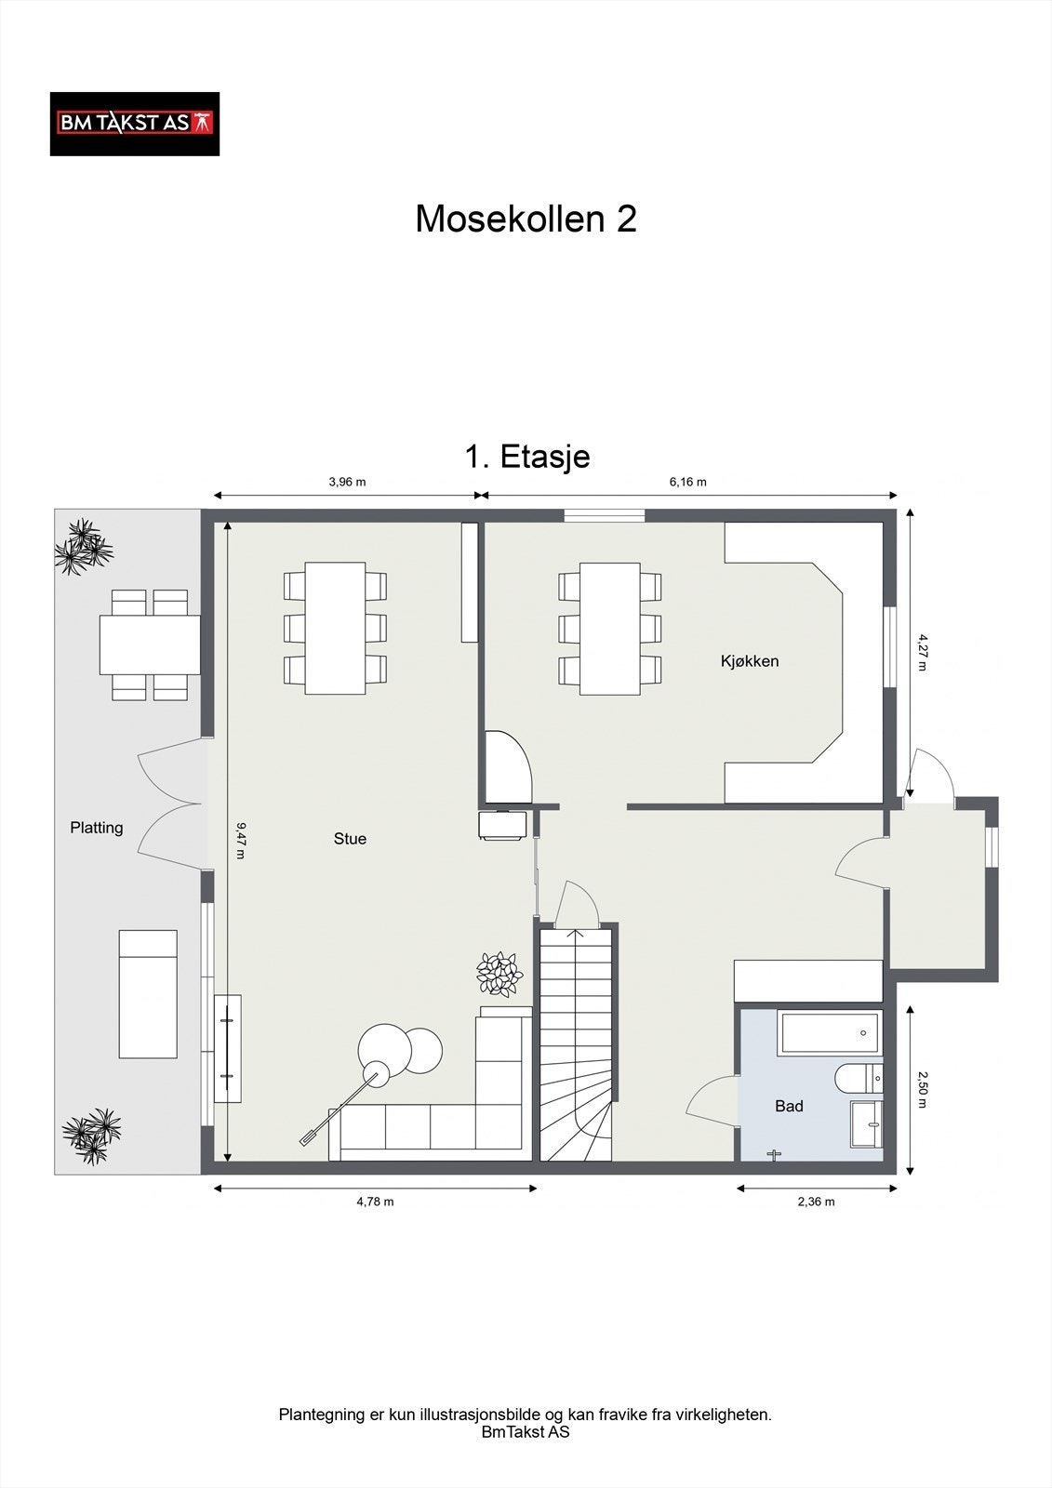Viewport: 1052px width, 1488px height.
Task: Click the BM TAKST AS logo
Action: (135, 125)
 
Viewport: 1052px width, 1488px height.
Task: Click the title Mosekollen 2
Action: (526, 219)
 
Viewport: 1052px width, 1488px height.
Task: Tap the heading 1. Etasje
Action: (527, 457)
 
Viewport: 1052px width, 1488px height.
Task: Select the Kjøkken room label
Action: (750, 661)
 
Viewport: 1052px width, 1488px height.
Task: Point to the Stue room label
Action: (351, 839)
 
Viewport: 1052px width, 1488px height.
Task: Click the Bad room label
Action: (789, 1106)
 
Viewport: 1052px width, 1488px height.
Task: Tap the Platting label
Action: (97, 829)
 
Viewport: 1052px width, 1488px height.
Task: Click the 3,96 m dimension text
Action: (347, 483)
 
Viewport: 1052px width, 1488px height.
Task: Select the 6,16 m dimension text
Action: (687, 483)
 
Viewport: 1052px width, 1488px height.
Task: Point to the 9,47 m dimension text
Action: (241, 841)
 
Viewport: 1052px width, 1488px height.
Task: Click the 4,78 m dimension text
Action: (376, 1202)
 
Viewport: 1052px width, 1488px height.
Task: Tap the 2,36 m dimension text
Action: (816, 1202)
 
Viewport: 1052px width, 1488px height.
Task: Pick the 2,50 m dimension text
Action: (922, 1089)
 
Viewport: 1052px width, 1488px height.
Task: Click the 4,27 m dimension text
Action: (922, 652)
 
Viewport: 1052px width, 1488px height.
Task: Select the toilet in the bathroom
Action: (859, 1078)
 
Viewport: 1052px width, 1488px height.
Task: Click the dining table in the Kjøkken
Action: (609, 629)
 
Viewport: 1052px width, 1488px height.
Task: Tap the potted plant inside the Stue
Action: (499, 974)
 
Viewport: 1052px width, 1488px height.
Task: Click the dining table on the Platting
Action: (150, 645)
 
